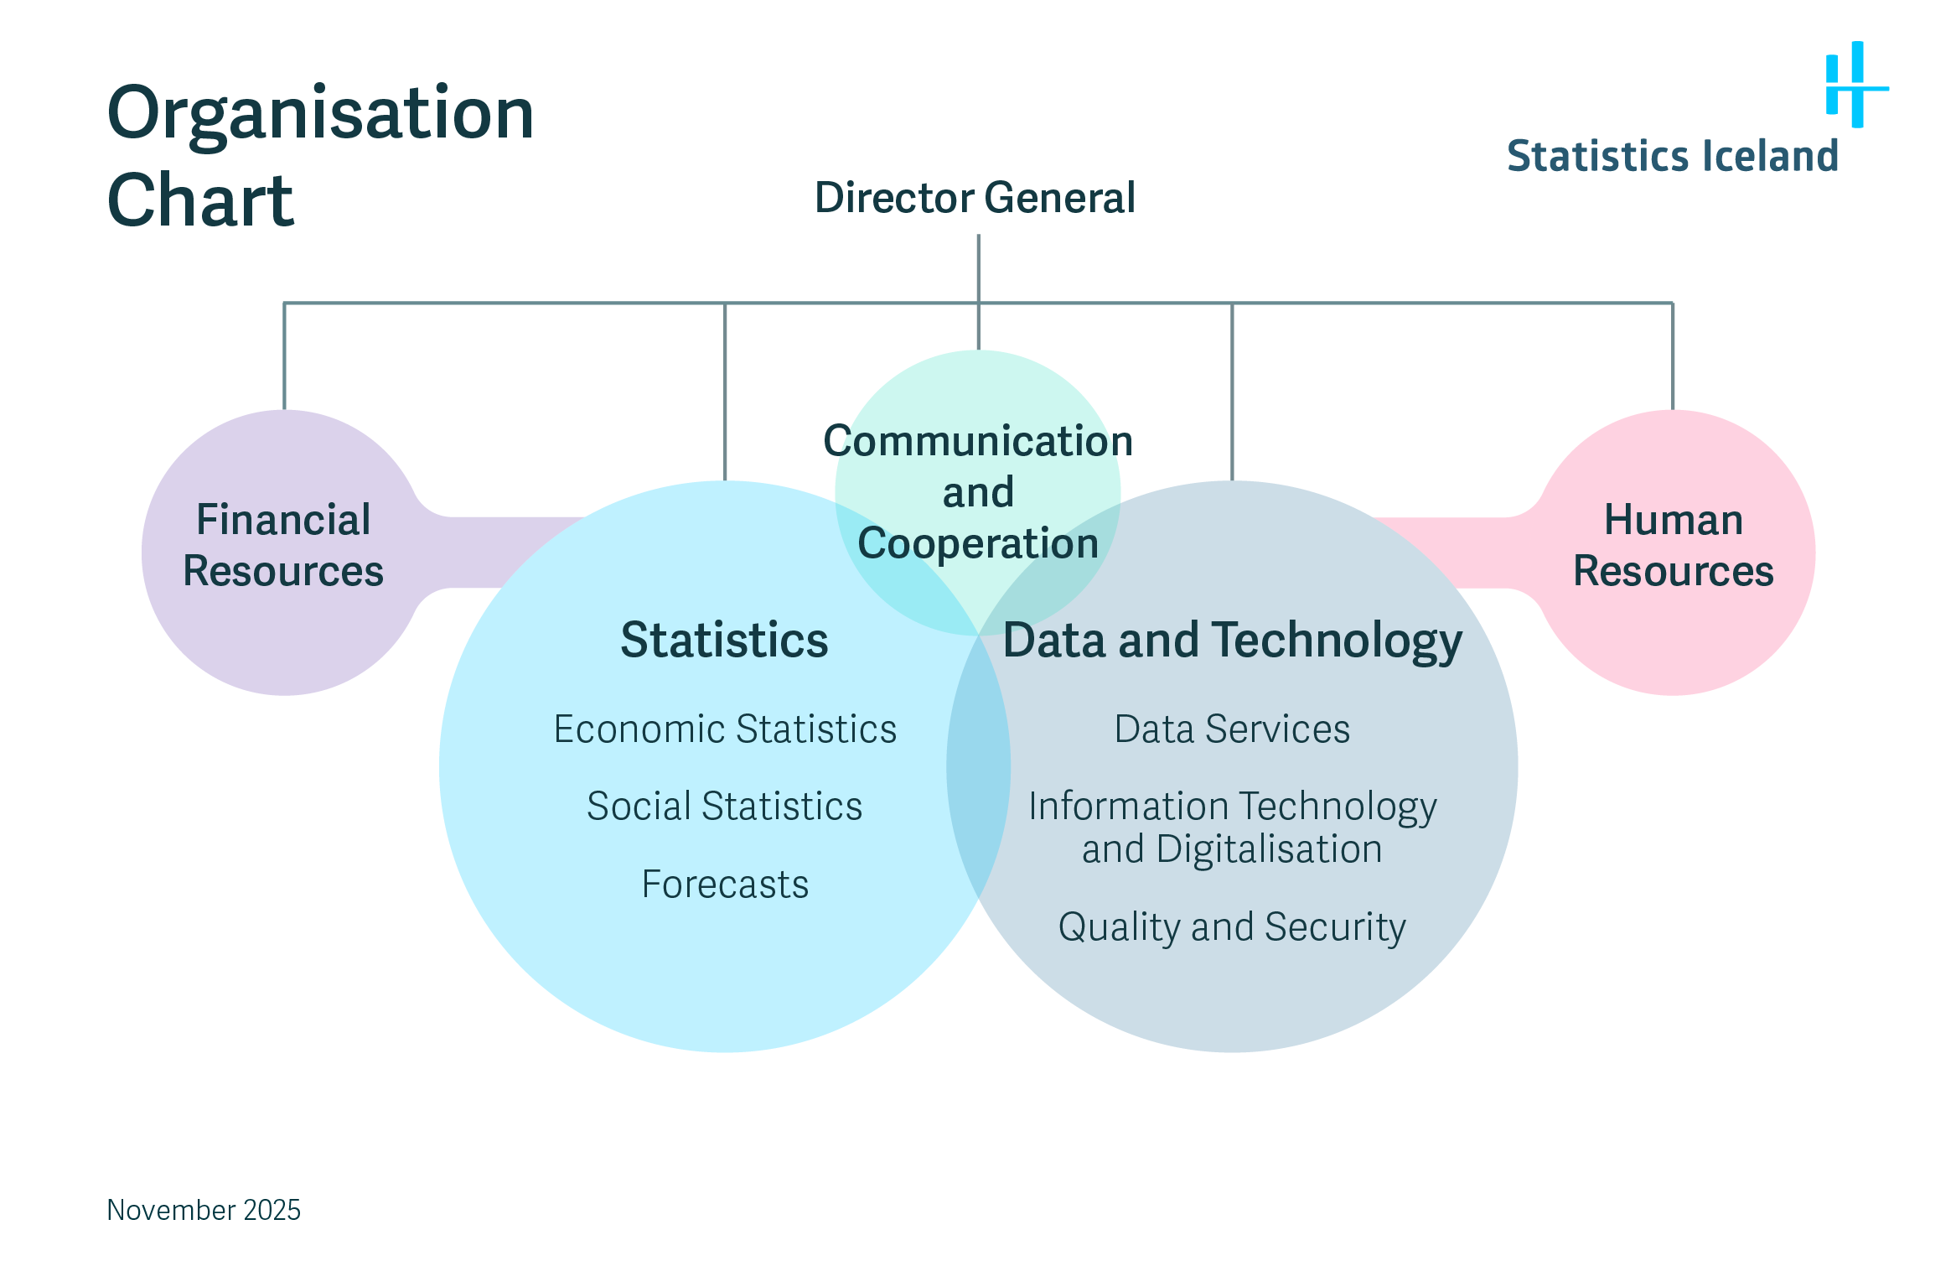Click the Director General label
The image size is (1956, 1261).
click(975, 198)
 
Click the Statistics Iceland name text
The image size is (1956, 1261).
click(1672, 157)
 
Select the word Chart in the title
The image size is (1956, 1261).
click(200, 200)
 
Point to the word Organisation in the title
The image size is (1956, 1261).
click(320, 113)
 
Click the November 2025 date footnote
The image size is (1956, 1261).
click(204, 1210)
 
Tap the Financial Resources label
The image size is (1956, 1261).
click(283, 545)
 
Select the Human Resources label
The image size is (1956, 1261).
click(1673, 545)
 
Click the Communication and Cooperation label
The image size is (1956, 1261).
click(978, 492)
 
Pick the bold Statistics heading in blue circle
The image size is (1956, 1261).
click(724, 641)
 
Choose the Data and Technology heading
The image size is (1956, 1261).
click(1232, 641)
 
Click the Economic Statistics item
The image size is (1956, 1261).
click(725, 729)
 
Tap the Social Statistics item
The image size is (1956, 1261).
click(724, 806)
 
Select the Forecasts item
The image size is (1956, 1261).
click(725, 884)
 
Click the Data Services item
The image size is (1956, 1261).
click(1232, 729)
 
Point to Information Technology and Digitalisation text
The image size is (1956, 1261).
click(1232, 827)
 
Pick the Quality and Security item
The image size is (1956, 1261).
click(1232, 926)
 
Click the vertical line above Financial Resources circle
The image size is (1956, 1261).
click(285, 356)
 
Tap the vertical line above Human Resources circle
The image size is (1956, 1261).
click(1673, 356)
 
